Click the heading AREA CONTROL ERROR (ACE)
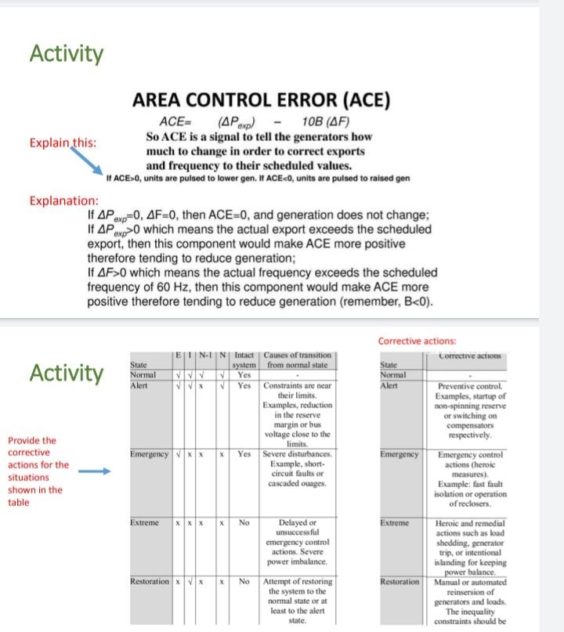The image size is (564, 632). pyautogui.click(x=262, y=101)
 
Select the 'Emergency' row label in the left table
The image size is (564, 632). pyautogui.click(x=149, y=454)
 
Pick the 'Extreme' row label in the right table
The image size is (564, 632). pyautogui.click(x=395, y=522)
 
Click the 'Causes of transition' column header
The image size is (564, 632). pyautogui.click(x=298, y=359)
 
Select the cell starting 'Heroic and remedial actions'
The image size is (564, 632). pyautogui.click(x=472, y=549)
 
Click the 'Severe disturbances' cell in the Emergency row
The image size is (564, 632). pyautogui.click(x=297, y=470)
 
